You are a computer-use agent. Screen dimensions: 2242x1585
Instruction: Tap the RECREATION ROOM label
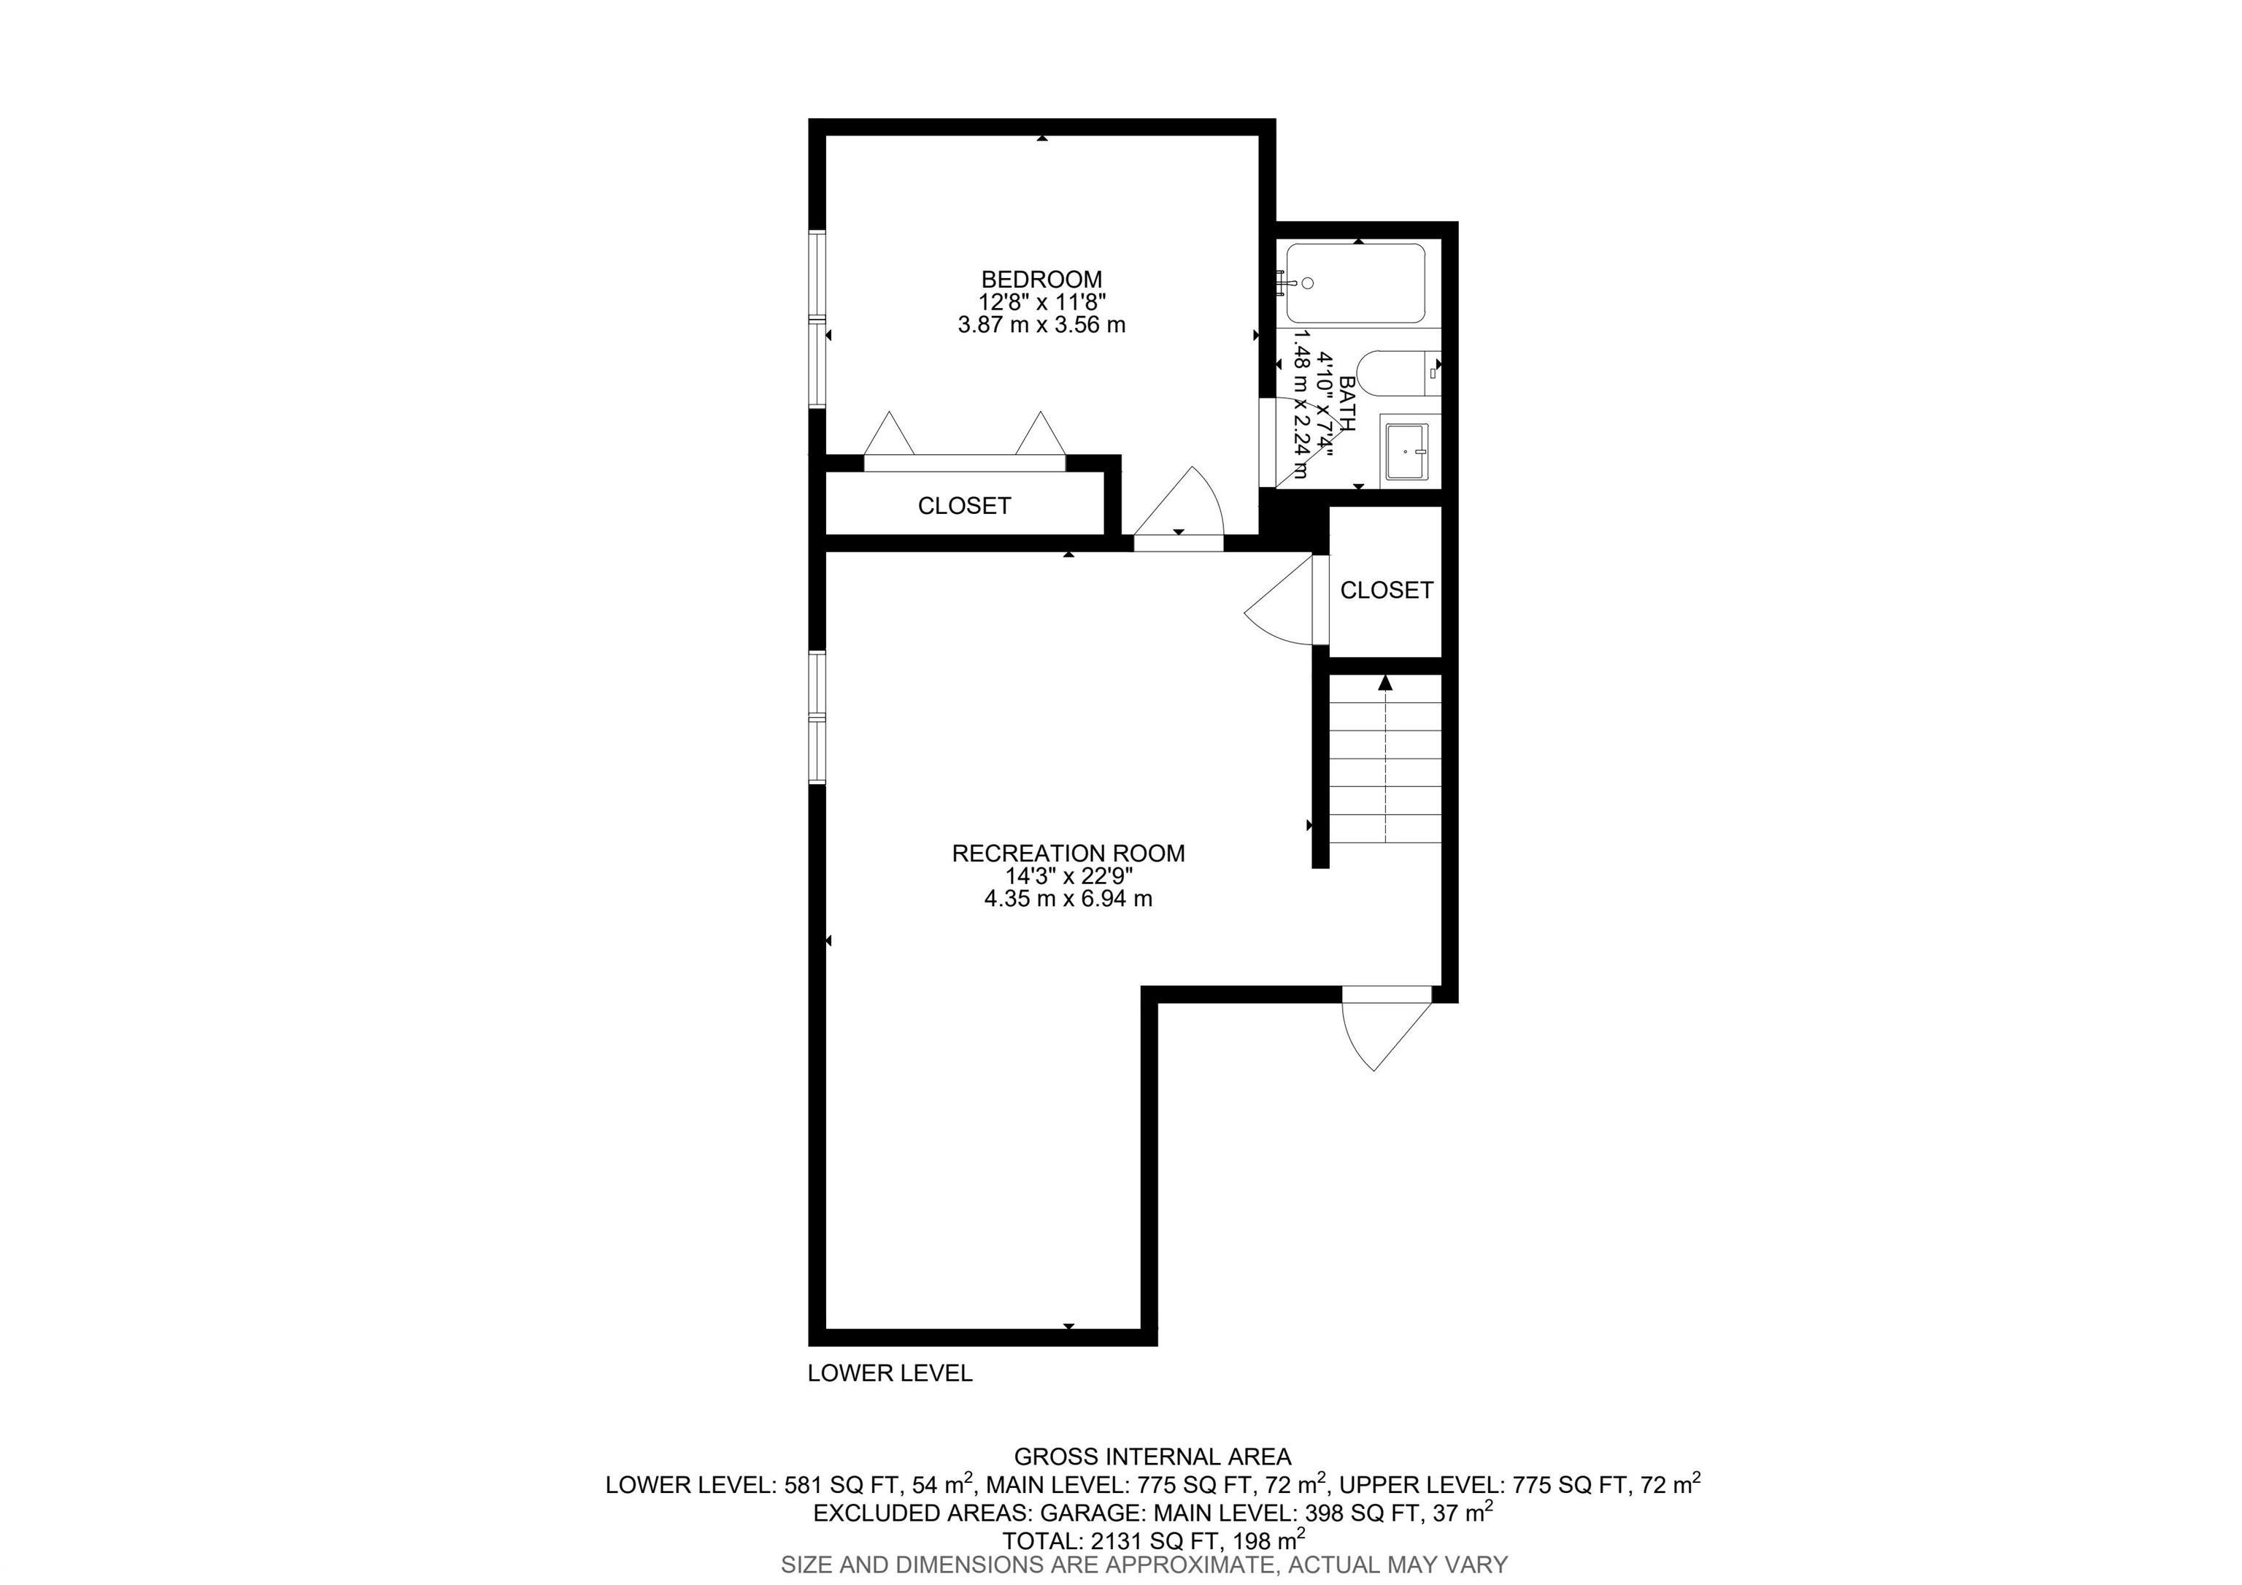(1068, 853)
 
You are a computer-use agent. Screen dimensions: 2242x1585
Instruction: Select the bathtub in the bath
(1355, 283)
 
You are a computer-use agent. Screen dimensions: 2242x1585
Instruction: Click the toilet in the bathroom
(1398, 373)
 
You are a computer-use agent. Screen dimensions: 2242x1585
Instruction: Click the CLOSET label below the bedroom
(964, 506)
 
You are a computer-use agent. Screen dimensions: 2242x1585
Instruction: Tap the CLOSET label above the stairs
(1387, 590)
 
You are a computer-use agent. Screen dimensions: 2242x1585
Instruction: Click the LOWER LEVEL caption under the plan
(890, 1373)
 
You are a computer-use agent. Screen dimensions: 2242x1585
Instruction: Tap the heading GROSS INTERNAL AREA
(1152, 1457)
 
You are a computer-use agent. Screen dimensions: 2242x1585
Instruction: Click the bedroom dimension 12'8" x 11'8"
(1042, 302)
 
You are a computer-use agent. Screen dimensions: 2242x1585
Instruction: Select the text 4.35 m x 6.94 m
(1068, 899)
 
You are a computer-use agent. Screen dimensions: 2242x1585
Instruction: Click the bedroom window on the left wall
(817, 318)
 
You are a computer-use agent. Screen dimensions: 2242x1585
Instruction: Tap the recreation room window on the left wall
(817, 717)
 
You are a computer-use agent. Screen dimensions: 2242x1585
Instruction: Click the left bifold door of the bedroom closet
(890, 434)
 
